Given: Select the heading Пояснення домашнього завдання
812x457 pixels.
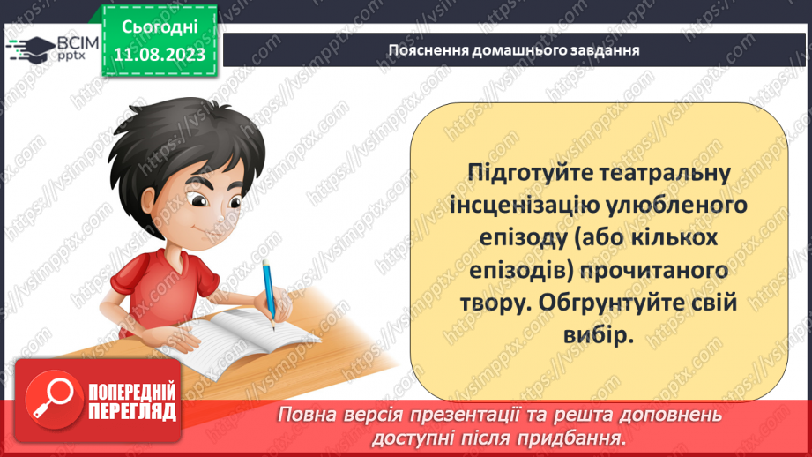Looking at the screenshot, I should tap(513, 49).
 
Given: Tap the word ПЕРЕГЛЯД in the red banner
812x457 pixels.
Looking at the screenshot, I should tap(131, 412).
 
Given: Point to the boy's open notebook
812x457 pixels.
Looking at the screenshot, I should tap(225, 344).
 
